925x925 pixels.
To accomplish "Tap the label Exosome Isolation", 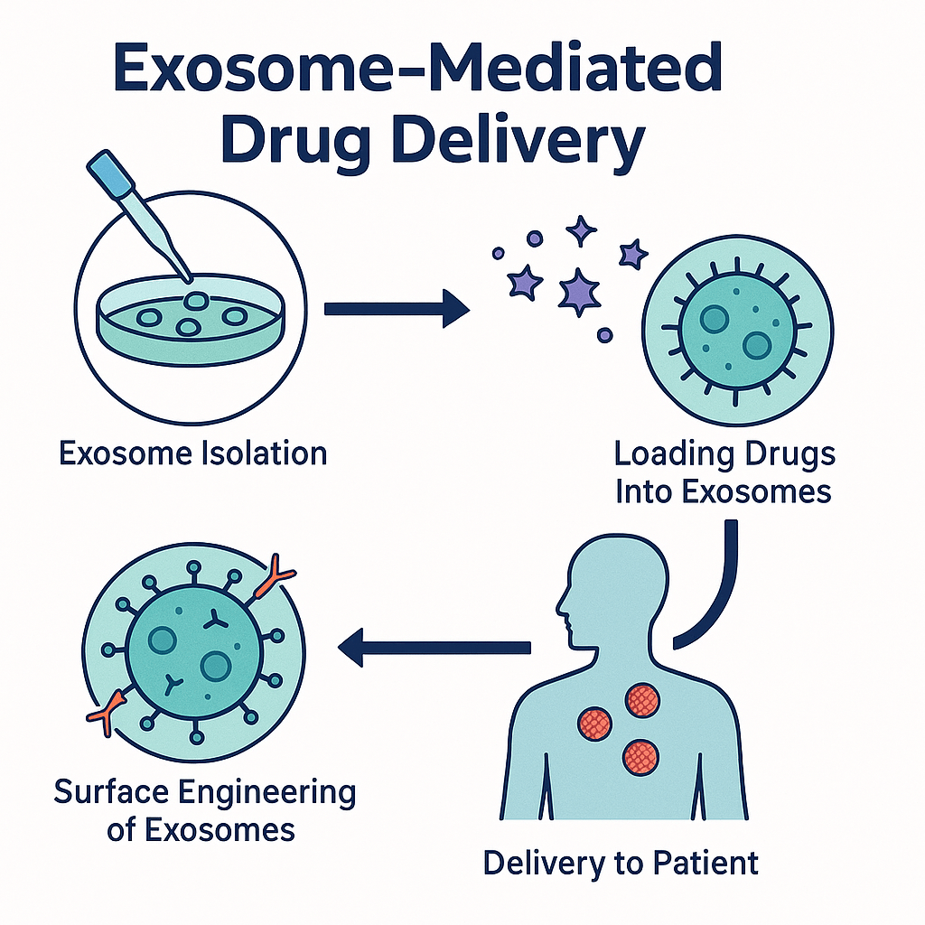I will click(x=192, y=453).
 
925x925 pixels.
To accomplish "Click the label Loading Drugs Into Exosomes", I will click(x=724, y=472).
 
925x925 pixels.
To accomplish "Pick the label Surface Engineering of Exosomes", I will click(x=204, y=810).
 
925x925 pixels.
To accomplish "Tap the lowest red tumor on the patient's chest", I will click(x=640, y=754).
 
